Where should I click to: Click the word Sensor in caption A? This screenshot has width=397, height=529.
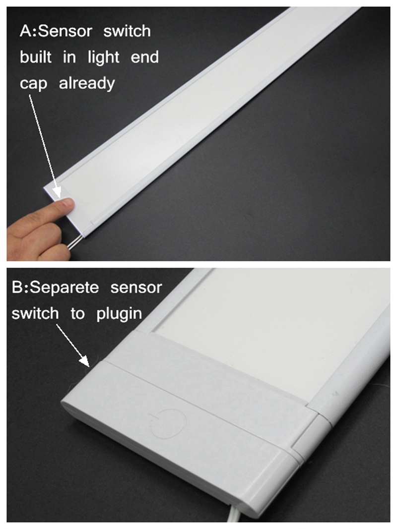(x=66, y=31)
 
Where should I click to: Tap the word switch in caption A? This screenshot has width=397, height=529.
(x=127, y=31)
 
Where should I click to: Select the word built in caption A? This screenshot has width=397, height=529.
(x=36, y=57)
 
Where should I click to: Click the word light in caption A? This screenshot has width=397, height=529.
(x=103, y=58)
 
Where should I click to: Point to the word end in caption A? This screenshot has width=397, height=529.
(x=144, y=57)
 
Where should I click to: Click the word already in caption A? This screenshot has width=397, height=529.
(x=87, y=83)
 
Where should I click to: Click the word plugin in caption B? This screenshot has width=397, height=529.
(x=119, y=314)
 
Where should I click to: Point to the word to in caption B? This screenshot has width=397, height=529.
(x=77, y=314)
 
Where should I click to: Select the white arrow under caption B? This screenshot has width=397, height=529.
(x=72, y=346)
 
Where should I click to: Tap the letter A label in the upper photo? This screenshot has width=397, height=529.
(x=25, y=31)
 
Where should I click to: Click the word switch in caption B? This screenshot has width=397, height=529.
(x=35, y=314)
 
